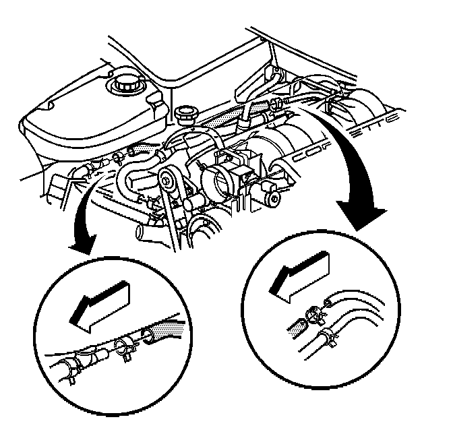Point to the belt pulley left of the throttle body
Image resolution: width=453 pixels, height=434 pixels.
[x=168, y=181]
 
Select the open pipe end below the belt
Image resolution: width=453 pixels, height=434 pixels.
[x=142, y=233]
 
